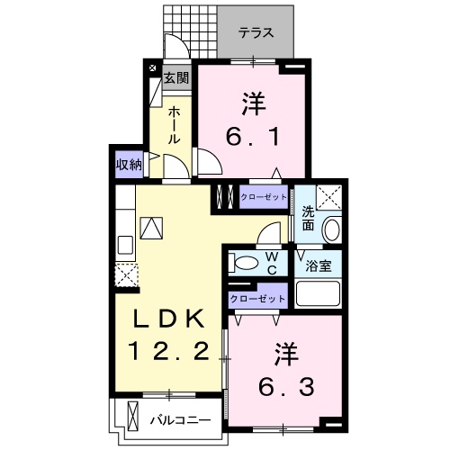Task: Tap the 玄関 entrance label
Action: coord(176,77)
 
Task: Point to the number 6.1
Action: coord(253,138)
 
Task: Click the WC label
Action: coord(272,263)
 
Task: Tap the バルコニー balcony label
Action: coord(180,419)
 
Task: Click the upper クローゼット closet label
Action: coord(264,195)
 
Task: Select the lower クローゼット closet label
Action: coord(257,297)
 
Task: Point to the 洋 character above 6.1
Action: coord(253,102)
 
